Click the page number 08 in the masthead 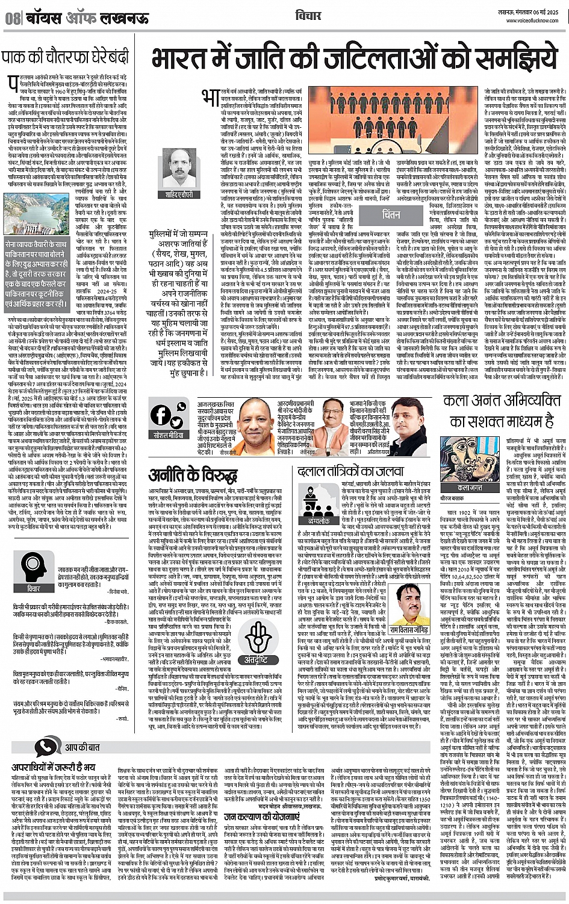[13, 18]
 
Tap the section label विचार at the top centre [309, 16]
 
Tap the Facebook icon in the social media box [161, 415]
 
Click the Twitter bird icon [178, 415]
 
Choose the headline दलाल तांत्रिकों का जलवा [349, 472]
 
